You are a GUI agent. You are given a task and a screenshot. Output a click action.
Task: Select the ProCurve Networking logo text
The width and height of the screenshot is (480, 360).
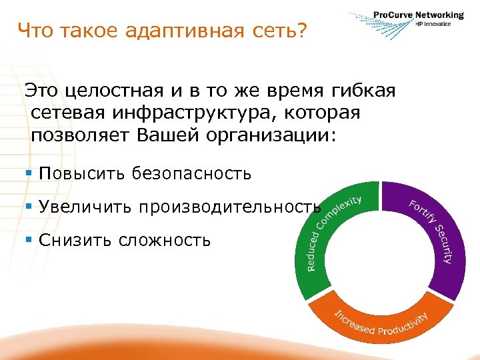(418, 15)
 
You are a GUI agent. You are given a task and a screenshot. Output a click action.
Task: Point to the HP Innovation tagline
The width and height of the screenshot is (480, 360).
(433, 24)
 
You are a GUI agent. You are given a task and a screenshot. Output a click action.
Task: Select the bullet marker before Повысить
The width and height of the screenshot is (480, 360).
(29, 174)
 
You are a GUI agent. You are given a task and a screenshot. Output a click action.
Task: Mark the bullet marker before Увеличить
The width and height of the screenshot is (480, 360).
(29, 207)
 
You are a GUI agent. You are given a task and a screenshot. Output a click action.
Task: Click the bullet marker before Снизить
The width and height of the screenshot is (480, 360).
(29, 239)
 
